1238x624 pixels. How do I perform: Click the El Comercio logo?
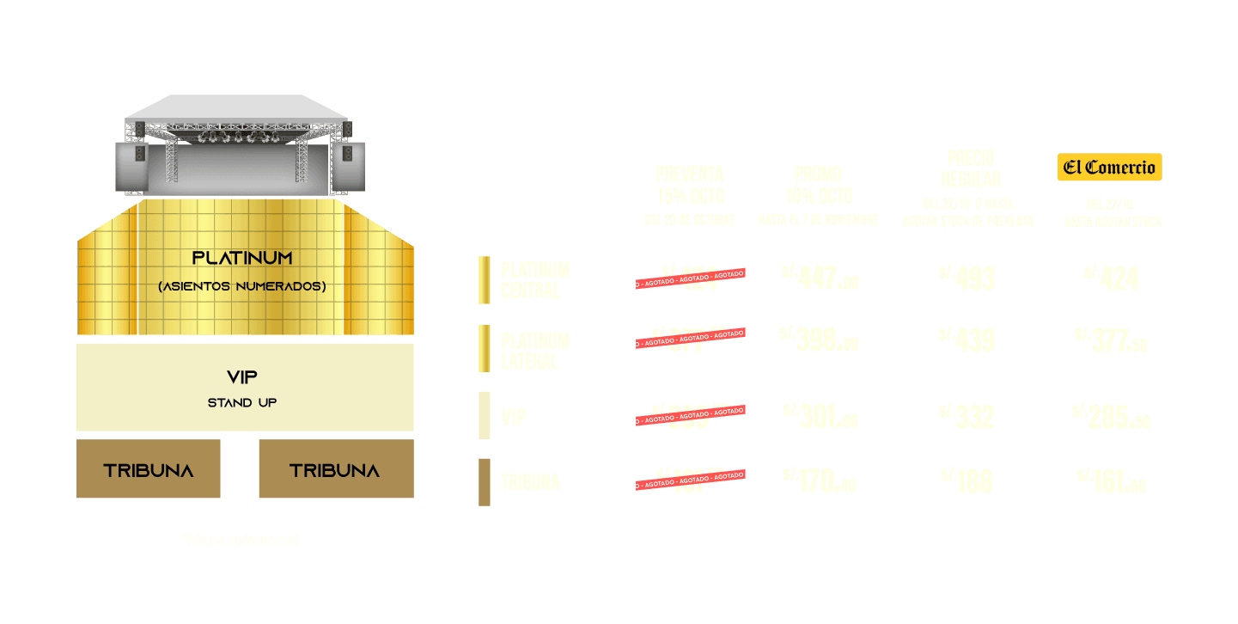pyautogui.click(x=1109, y=168)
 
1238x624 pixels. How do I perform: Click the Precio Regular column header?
pyautogui.click(x=971, y=168)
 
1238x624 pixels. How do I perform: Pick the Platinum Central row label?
pyautogui.click(x=534, y=280)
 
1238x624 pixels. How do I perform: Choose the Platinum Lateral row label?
pyautogui.click(x=534, y=351)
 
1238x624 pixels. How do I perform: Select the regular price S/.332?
pyautogui.click(x=967, y=417)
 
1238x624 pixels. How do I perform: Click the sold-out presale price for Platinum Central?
pyautogui.click(x=690, y=278)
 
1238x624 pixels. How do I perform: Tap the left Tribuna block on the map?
pyautogui.click(x=149, y=469)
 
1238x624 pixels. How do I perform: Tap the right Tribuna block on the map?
pyautogui.click(x=335, y=469)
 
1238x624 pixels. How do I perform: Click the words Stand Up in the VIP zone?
pyautogui.click(x=242, y=402)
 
